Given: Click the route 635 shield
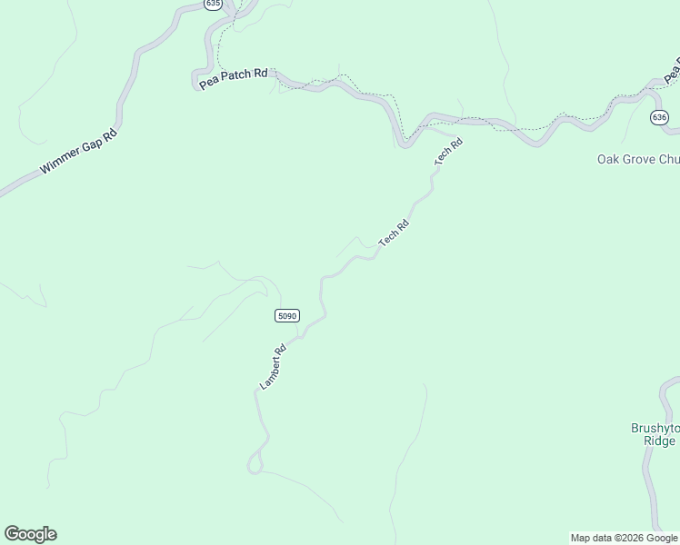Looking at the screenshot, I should [x=213, y=5].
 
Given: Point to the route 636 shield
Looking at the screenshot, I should [x=659, y=118].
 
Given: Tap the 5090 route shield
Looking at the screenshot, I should [x=286, y=315].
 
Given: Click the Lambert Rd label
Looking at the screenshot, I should [x=274, y=367].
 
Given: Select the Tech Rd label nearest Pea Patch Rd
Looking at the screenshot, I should [x=448, y=151].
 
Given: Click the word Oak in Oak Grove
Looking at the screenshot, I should [x=607, y=160].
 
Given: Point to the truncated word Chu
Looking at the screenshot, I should [x=670, y=160].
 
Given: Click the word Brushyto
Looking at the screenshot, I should [x=654, y=428].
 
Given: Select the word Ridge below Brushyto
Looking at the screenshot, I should [x=659, y=441].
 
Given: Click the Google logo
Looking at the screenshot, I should [x=30, y=534].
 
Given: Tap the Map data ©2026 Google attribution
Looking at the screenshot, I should [x=624, y=538].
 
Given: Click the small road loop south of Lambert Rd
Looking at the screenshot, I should [x=255, y=464].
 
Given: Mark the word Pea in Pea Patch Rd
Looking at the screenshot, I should [x=207, y=82].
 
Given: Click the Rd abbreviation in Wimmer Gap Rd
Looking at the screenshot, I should [x=110, y=134].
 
